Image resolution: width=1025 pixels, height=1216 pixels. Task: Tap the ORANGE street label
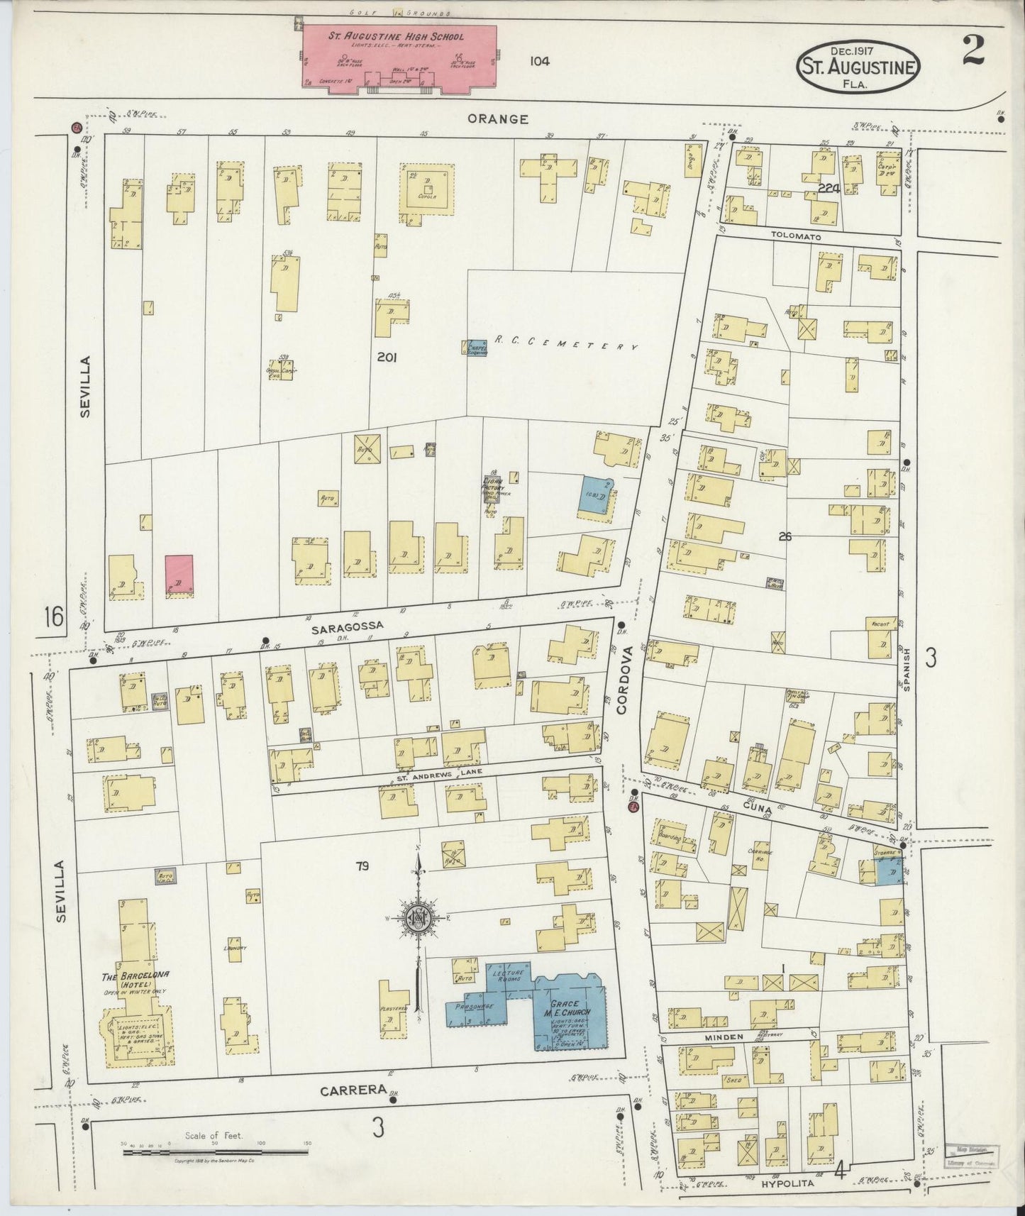[x=497, y=119]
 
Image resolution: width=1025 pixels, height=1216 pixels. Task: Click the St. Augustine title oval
[x=858, y=67]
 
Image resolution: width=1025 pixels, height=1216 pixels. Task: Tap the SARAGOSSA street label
[x=347, y=626]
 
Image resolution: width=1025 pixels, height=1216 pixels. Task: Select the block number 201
[x=387, y=358]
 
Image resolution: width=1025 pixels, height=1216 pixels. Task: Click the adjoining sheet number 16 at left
[x=53, y=617]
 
